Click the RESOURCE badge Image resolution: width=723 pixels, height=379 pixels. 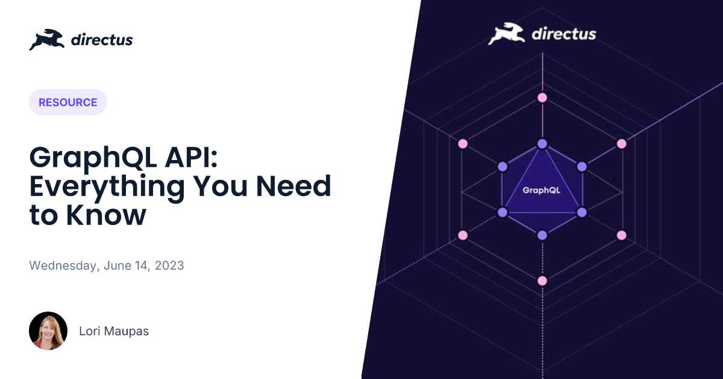(67, 102)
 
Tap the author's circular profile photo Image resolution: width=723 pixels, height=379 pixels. (48, 331)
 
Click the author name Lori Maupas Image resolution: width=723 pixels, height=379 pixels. (114, 331)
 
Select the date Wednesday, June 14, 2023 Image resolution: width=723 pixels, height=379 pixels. (107, 265)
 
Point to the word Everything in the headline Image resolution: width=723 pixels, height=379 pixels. (107, 187)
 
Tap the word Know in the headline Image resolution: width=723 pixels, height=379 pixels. (106, 215)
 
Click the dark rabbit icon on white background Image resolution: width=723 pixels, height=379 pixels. (47, 40)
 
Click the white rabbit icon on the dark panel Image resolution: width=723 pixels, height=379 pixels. (506, 34)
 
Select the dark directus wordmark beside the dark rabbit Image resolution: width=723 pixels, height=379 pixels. (102, 40)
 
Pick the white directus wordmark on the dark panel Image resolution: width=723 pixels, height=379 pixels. (563, 34)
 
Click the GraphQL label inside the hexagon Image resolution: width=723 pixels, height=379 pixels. (541, 190)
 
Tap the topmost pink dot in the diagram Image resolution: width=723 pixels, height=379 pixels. (542, 97)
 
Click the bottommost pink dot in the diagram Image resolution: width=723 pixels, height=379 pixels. (542, 281)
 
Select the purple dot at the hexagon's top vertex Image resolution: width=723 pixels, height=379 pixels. (542, 144)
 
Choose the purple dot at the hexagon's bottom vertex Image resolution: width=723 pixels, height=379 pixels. (542, 235)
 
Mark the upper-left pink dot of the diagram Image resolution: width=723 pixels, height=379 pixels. (463, 144)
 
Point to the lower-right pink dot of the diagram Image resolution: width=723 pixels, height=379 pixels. (622, 235)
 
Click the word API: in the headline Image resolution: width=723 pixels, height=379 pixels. (192, 157)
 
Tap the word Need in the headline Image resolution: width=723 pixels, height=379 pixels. (293, 186)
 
